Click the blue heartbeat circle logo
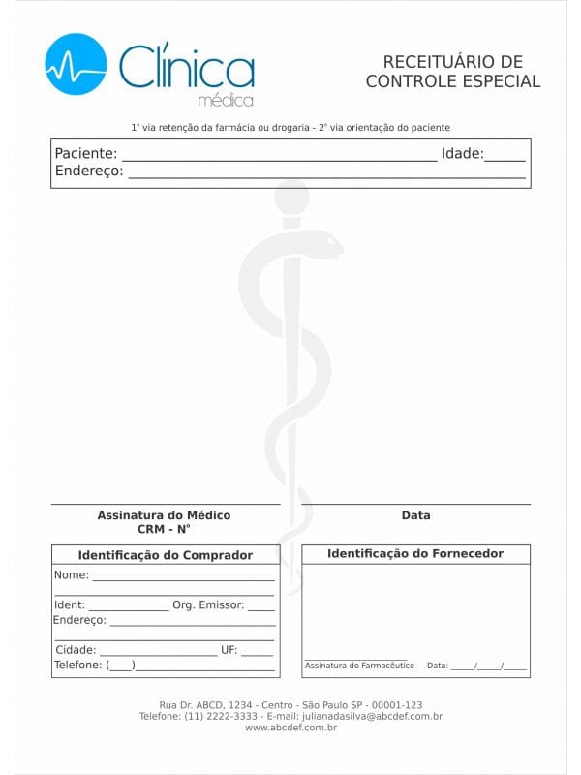click(x=76, y=64)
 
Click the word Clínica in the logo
click(x=186, y=66)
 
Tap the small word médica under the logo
click(x=225, y=101)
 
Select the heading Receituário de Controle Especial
click(x=452, y=73)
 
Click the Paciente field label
click(x=86, y=153)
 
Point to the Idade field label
click(x=462, y=153)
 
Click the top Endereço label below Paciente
click(x=89, y=171)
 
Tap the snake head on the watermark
click(x=323, y=243)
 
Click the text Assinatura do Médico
click(x=164, y=515)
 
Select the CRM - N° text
click(x=164, y=529)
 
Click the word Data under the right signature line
click(x=415, y=515)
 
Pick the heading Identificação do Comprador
click(x=165, y=555)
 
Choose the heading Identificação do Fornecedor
click(x=415, y=553)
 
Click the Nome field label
click(x=72, y=574)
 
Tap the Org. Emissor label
click(x=207, y=604)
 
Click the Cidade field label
click(x=76, y=650)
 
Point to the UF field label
click(x=229, y=650)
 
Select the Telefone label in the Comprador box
click(x=77, y=666)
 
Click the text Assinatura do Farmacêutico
click(x=359, y=666)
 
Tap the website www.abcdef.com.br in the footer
click(x=290, y=728)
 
